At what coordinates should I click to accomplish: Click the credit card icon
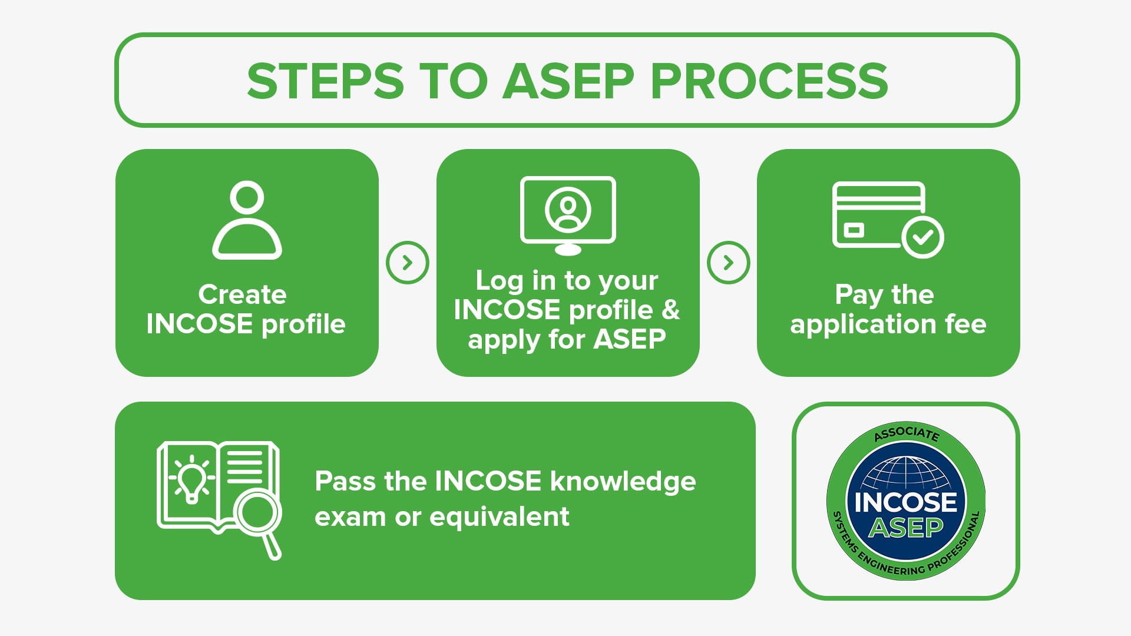(878, 215)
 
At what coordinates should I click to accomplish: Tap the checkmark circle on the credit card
(922, 237)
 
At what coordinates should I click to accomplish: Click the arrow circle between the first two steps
(407, 263)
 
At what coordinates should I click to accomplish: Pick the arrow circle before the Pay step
(728, 263)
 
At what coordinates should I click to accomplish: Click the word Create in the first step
(242, 294)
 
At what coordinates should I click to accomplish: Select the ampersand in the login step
(670, 310)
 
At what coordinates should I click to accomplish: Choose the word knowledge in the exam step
(623, 482)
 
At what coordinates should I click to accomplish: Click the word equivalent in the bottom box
(500, 517)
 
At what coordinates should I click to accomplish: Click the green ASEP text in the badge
(906, 528)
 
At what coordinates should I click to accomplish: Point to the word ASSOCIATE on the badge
(906, 433)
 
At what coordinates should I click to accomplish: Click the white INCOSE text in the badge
(906, 502)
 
